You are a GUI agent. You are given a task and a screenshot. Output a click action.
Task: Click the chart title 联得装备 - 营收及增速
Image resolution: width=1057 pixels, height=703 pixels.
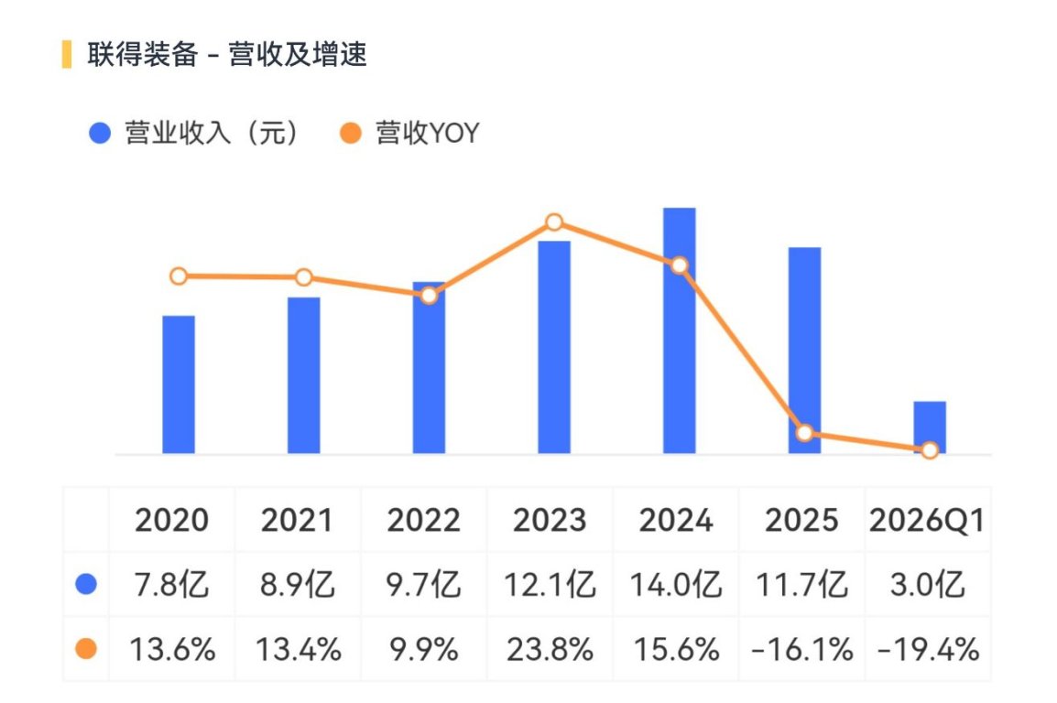[227, 55]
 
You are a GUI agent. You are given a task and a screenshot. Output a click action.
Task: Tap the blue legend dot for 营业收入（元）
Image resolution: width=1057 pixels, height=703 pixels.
[100, 133]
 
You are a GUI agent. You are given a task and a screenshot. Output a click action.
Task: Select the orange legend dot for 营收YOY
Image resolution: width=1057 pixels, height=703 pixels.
[351, 133]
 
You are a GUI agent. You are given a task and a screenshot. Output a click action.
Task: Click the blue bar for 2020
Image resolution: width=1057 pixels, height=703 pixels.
[179, 384]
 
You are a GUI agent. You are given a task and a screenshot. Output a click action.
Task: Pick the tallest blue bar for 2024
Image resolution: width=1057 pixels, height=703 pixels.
[680, 330]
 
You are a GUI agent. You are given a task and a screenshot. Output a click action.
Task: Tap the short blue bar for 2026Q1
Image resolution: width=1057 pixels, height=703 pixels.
[930, 427]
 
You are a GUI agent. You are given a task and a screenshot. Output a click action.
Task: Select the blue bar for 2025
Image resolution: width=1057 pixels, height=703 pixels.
[805, 351]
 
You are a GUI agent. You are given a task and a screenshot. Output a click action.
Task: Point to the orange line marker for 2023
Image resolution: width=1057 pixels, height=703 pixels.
[554, 222]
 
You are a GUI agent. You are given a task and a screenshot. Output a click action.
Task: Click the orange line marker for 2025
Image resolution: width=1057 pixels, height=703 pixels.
[804, 433]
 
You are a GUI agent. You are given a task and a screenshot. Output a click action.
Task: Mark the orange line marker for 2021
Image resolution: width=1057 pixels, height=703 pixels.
[304, 277]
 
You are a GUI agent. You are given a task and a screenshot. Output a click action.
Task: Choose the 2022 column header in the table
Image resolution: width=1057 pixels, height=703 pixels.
[423, 521]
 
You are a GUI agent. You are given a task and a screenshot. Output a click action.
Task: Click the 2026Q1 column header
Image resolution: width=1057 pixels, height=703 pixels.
[927, 521]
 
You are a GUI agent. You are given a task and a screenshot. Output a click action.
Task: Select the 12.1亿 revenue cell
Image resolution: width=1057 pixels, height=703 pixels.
[550, 585]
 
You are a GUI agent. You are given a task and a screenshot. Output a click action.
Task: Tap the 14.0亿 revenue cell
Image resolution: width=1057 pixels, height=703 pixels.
[676, 585]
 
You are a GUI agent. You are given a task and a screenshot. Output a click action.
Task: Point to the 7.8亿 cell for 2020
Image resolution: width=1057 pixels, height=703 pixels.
[172, 585]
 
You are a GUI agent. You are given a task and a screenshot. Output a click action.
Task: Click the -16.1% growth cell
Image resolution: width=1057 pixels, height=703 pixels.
[802, 650]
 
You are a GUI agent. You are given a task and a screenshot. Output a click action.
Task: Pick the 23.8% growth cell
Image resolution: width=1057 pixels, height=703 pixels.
[550, 650]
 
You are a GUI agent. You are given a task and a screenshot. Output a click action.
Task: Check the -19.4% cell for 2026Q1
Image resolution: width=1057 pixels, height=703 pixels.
[928, 650]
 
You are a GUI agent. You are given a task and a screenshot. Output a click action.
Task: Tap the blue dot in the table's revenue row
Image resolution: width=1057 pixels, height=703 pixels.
[86, 584]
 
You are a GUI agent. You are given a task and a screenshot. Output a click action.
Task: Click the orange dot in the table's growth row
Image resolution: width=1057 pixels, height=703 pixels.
[86, 649]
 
